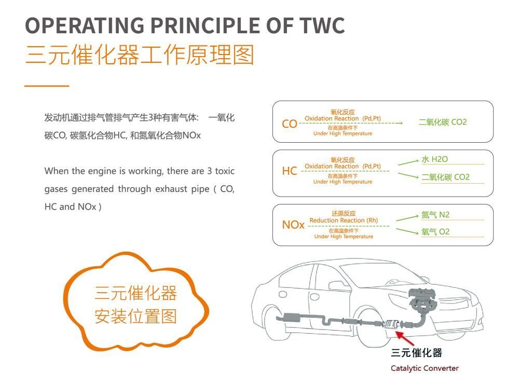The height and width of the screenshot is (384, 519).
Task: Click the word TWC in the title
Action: [x=322, y=25]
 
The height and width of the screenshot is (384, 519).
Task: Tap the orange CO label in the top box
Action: [x=289, y=124]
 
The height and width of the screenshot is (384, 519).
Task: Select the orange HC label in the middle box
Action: [x=289, y=171]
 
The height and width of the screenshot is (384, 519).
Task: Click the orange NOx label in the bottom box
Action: [x=293, y=225]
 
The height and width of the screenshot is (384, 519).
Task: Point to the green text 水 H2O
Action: [x=434, y=159]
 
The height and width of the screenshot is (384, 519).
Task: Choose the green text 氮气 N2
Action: [x=435, y=215]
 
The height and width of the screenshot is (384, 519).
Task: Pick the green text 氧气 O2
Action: [x=435, y=232]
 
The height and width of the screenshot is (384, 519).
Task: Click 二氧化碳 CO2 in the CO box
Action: [x=443, y=122]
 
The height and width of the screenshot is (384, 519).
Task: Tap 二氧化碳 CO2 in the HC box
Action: [x=445, y=177]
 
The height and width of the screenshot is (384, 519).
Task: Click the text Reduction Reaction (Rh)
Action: [x=344, y=220]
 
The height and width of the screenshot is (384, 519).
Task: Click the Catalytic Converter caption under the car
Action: [x=425, y=368]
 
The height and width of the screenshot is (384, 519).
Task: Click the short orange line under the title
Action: [x=47, y=86]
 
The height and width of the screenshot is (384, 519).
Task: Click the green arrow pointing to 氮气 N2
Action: [x=407, y=218]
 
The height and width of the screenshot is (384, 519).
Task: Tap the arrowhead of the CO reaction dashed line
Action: [x=401, y=123]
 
